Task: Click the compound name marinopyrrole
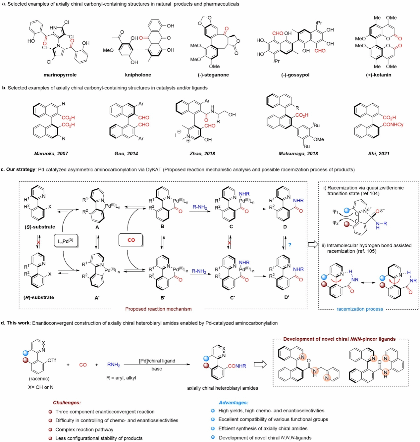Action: [60, 75]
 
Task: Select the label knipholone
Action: [138, 75]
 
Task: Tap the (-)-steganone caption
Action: [213, 75]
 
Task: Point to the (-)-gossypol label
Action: [295, 75]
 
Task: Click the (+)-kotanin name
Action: [379, 75]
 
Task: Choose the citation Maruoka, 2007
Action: [51, 154]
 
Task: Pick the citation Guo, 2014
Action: [126, 154]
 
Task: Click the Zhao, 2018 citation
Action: [202, 154]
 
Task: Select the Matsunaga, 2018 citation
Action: [298, 154]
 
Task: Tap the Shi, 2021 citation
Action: [379, 154]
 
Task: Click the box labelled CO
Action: [131, 240]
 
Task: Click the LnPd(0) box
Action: [66, 241]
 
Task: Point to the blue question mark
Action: [290, 245]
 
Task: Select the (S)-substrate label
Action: [40, 227]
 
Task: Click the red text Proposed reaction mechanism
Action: [158, 309]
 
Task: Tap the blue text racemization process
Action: [360, 309]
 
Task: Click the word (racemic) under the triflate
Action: [39, 378]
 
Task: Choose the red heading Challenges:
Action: [67, 403]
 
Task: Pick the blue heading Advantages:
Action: [234, 403]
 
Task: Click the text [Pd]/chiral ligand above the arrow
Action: [157, 361]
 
